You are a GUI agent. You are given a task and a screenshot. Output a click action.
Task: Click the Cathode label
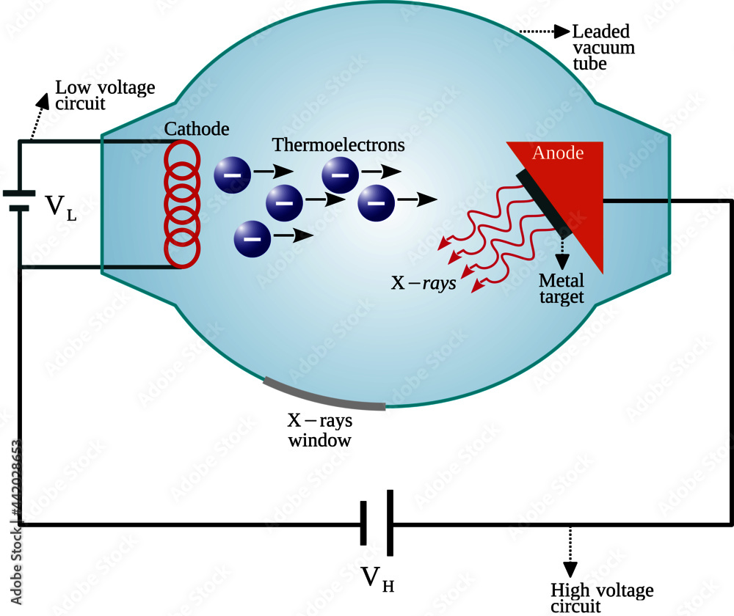click(x=197, y=129)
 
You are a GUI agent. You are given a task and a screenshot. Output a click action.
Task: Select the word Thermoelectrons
click(x=338, y=145)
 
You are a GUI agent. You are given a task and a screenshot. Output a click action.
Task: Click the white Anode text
click(x=558, y=153)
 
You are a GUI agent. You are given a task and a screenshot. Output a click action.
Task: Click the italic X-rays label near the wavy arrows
click(x=423, y=283)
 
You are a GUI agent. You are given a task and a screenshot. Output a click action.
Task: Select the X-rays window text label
click(x=319, y=430)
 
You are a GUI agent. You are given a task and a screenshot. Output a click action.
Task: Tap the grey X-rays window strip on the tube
click(x=322, y=395)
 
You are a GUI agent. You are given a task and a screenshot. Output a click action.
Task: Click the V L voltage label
click(x=61, y=207)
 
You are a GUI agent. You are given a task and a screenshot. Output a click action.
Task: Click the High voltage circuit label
click(x=602, y=598)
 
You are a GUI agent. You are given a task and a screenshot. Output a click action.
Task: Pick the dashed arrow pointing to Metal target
click(x=563, y=255)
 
